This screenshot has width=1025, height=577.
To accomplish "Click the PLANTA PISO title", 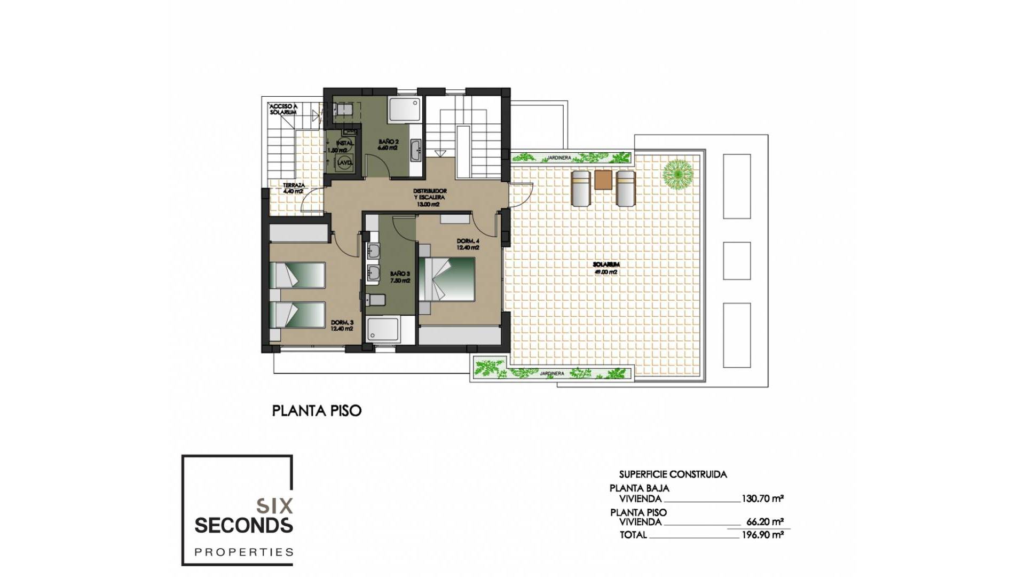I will (x=317, y=411).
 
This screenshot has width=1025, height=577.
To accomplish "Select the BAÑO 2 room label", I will (x=388, y=145).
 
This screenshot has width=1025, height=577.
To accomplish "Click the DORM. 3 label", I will (x=342, y=325).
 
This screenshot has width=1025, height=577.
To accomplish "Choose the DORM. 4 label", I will (x=468, y=244).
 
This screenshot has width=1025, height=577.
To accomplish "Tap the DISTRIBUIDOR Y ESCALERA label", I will (x=430, y=197).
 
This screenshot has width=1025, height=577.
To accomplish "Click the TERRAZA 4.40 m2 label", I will (x=294, y=188).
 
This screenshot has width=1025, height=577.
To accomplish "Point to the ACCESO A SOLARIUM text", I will (x=283, y=110).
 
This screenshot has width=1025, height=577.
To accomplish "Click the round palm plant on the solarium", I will (x=677, y=174).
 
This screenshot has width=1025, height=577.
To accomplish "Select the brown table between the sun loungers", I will (x=603, y=180).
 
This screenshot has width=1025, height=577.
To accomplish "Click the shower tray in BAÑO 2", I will (x=405, y=110).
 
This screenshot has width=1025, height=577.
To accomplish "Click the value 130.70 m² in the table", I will (x=762, y=499).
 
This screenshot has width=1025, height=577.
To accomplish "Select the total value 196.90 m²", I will (x=762, y=535).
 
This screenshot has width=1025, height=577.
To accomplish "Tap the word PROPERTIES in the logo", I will (x=244, y=552).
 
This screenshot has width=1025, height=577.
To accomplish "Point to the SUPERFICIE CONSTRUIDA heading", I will (x=673, y=474).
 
